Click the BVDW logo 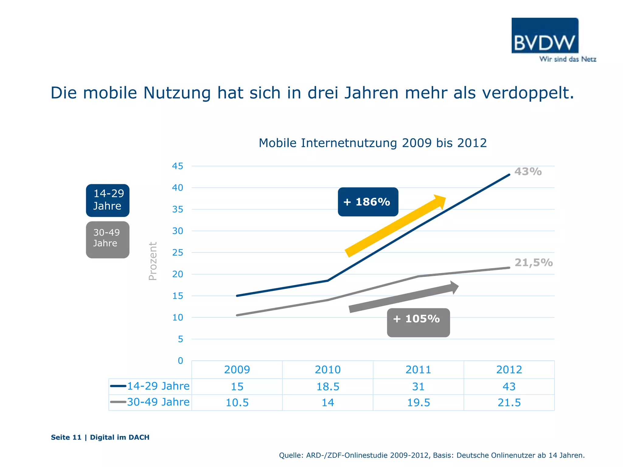(x=545, y=36)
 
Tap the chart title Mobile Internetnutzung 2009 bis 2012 (x=372, y=143)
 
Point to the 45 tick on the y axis (x=178, y=166)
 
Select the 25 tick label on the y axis (x=178, y=253)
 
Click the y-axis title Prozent (x=153, y=261)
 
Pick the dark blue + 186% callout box (x=368, y=202)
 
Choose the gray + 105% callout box (x=418, y=323)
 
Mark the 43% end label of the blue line (x=528, y=171)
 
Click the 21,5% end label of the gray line (x=533, y=262)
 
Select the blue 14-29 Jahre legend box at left (x=108, y=200)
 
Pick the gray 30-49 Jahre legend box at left (x=108, y=240)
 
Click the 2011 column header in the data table (x=418, y=370)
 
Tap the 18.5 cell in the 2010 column (x=328, y=387)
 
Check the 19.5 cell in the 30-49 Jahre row (x=418, y=403)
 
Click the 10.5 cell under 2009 (x=237, y=403)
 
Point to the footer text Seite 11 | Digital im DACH (x=100, y=437)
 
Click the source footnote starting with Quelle (x=432, y=455)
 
